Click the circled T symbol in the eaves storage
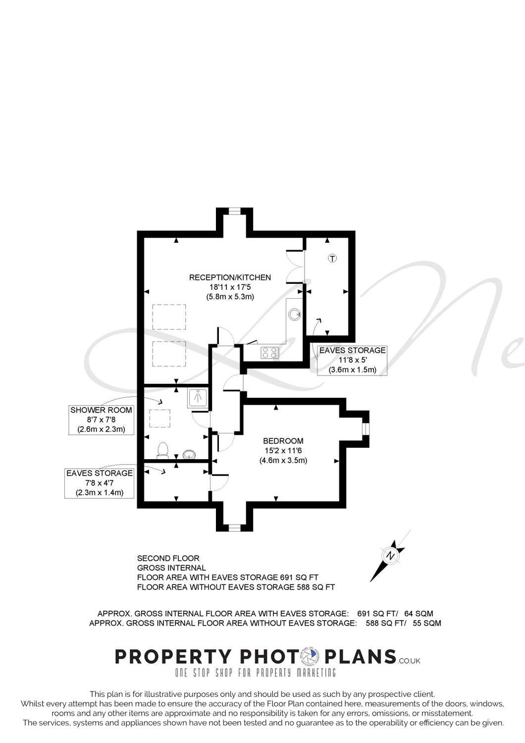(332, 258)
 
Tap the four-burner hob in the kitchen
(269, 352)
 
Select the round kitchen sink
(294, 314)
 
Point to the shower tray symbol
(198, 398)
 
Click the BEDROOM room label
(283, 441)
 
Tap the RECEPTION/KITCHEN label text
(230, 277)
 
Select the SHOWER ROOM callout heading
(101, 410)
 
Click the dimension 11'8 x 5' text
(353, 360)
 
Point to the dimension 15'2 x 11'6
(283, 450)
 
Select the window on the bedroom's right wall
(365, 428)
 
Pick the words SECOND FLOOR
(168, 558)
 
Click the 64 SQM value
(419, 614)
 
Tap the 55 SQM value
(427, 623)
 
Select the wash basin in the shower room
(189, 454)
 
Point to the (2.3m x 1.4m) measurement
(100, 492)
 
